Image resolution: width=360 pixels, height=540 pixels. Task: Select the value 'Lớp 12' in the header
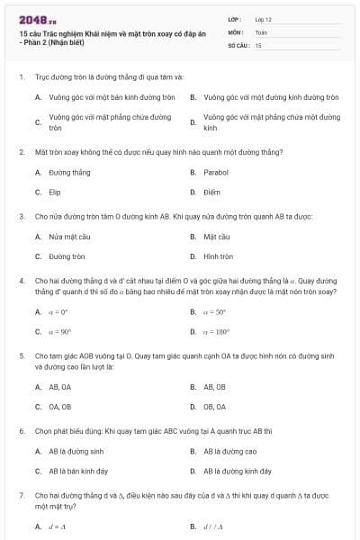263,19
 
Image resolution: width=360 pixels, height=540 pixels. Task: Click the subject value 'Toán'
261,31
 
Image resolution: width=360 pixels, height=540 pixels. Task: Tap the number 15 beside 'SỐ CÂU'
258,44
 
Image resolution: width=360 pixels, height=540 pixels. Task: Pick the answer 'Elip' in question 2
55,192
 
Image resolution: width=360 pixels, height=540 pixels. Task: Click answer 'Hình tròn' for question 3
218,256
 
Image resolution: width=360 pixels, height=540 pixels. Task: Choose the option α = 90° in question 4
59,331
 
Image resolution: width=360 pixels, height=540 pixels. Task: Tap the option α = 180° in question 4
216,331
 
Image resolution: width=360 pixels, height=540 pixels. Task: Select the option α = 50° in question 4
214,312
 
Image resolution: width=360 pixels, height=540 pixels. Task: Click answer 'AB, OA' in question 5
60,386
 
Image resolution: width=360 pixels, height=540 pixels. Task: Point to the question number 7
21,495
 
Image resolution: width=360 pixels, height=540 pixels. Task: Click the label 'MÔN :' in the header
236,31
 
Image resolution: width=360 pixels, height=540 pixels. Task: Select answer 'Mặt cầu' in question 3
217,237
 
